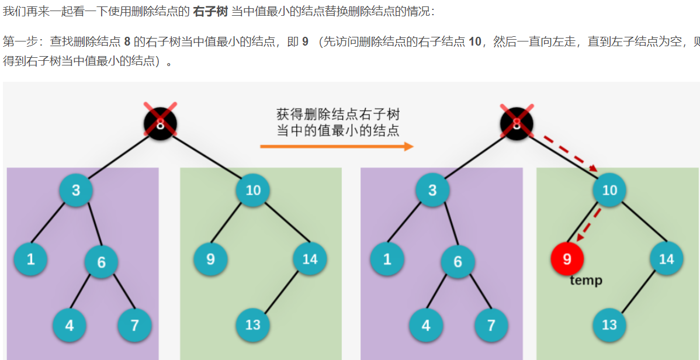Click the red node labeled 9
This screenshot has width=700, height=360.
pos(567,258)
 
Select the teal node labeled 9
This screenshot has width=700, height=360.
pos(210,258)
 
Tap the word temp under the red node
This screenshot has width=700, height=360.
pos(585,281)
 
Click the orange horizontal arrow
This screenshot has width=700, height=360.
pos(337,146)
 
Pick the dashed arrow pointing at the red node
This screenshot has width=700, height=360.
pos(589,223)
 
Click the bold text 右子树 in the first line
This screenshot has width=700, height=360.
pos(210,11)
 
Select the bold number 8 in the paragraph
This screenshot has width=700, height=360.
pos(127,42)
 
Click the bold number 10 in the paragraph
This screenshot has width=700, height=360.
pos(475,42)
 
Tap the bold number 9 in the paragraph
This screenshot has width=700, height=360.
pos(305,42)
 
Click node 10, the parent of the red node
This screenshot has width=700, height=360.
pos(609,190)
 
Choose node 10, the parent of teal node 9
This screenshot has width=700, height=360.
pos(253,190)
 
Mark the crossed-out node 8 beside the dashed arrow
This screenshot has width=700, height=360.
pos(517,123)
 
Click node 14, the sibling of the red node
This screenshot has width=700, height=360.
pos(666,258)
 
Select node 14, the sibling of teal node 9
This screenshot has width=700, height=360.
pos(310,258)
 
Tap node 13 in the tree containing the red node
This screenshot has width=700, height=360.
pos(609,324)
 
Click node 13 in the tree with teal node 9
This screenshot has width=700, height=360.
pos(253,324)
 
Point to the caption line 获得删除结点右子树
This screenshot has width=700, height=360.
pos(338,114)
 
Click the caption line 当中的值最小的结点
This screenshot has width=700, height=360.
pos(338,130)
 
